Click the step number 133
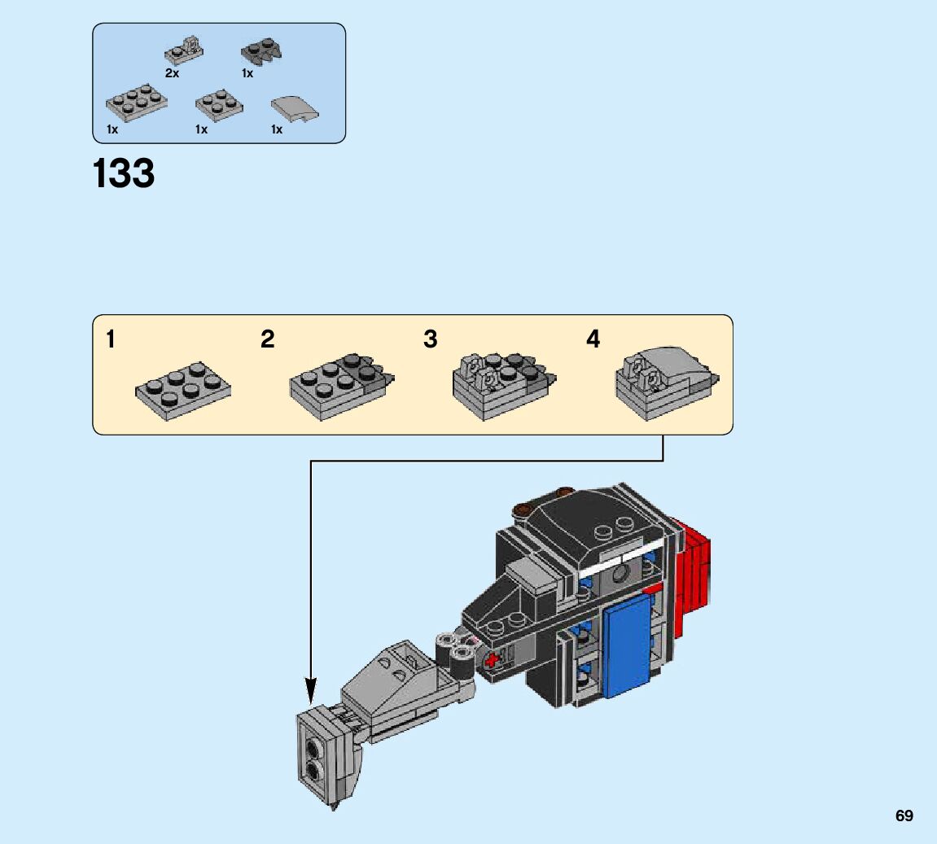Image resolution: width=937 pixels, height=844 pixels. click(124, 173)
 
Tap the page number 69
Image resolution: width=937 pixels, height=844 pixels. click(904, 816)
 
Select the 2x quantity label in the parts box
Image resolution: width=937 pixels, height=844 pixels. click(172, 73)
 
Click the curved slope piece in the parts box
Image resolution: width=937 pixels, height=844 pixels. click(295, 109)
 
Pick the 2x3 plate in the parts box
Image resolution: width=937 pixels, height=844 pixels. click(136, 103)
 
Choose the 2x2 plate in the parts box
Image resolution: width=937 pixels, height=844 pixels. click(219, 105)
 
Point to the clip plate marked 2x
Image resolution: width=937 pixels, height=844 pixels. click(184, 50)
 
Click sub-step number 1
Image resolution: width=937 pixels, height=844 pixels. click(111, 339)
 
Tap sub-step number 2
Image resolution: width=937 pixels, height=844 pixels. click(268, 339)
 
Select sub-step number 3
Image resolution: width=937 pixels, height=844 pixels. click(431, 339)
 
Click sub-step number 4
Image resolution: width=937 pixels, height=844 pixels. click(593, 339)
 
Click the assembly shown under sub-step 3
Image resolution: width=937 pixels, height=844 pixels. click(505, 386)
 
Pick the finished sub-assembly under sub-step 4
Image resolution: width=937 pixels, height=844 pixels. click(668, 383)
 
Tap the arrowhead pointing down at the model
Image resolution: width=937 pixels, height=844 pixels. click(310, 690)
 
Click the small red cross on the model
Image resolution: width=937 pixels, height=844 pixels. click(492, 661)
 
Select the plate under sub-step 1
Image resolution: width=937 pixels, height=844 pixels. click(183, 391)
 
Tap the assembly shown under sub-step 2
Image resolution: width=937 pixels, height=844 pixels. click(342, 387)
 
